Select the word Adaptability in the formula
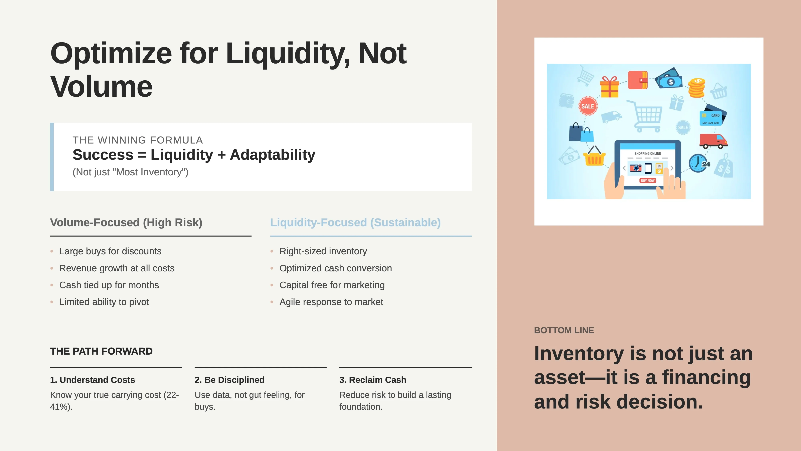coord(272,155)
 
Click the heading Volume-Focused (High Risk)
coord(126,222)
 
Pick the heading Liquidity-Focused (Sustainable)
coord(355,222)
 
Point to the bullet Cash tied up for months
coord(109,285)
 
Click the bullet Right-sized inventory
coord(323,251)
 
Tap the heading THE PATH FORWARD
coord(101,351)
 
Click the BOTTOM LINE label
coord(564,330)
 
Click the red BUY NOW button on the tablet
coord(647,181)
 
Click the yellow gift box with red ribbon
coord(609,87)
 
